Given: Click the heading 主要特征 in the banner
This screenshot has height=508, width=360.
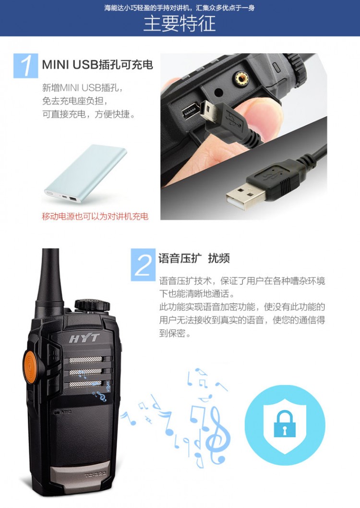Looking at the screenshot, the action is [180, 24].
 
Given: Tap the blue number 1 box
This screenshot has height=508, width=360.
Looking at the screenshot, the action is [25, 66].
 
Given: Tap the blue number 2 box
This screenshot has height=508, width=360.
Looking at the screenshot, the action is [143, 265].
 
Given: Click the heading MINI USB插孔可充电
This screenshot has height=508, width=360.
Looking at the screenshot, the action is [97, 64].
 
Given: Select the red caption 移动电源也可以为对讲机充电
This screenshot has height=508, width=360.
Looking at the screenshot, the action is [95, 216].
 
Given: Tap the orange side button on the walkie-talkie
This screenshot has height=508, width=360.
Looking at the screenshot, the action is [29, 366].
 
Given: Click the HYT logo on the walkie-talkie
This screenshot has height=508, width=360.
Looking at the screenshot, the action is [84, 339].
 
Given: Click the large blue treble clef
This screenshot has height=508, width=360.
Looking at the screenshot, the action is [216, 434].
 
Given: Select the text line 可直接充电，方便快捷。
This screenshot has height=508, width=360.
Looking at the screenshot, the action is [89, 114].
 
